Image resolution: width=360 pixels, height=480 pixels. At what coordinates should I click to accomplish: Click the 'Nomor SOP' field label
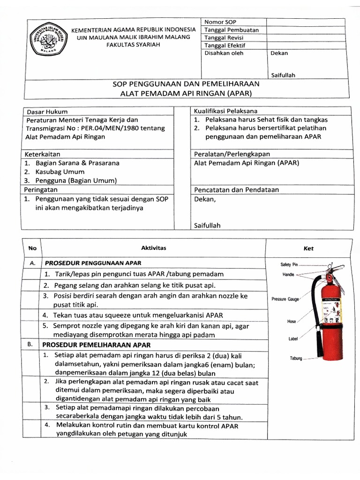pyautogui.click(x=220, y=22)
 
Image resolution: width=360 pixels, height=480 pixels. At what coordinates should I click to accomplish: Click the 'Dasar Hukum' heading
pyautogui.click(x=47, y=112)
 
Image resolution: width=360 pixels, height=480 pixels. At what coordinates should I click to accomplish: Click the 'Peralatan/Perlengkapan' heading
pyautogui.click(x=229, y=154)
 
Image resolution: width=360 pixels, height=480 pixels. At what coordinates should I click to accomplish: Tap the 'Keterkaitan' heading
pyautogui.click(x=43, y=154)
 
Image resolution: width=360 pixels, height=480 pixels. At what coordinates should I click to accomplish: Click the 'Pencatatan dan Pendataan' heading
pyautogui.click(x=236, y=190)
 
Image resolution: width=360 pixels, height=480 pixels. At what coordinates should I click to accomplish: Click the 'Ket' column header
pyautogui.click(x=308, y=248)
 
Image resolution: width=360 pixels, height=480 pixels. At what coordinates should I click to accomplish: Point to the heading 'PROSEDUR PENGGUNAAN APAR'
pyautogui.click(x=92, y=263)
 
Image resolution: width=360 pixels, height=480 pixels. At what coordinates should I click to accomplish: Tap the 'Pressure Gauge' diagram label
pyautogui.click(x=285, y=299)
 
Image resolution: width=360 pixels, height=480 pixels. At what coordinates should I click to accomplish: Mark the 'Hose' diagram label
pyautogui.click(x=292, y=322)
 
